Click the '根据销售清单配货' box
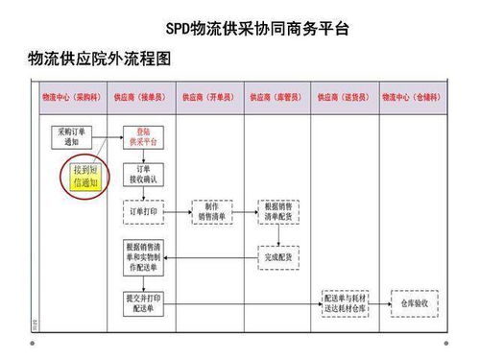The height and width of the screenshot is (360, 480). coord(279,211)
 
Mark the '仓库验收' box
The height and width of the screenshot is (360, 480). coord(414,305)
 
